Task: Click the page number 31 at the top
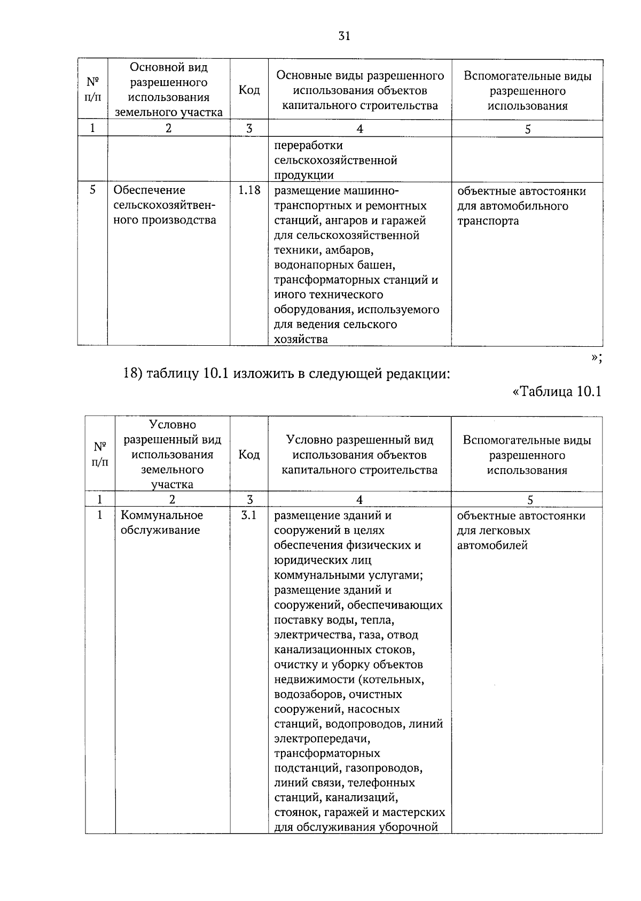(x=344, y=36)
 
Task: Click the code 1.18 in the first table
(x=249, y=190)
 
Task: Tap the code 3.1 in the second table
(x=249, y=516)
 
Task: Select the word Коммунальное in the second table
(x=162, y=516)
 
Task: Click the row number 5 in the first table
(x=93, y=190)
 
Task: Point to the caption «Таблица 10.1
(x=557, y=392)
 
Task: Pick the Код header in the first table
(x=249, y=90)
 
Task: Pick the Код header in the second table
(x=249, y=455)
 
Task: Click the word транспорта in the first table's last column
(x=488, y=221)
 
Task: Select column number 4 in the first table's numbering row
(x=360, y=129)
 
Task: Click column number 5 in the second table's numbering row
(x=529, y=500)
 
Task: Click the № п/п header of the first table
(x=93, y=90)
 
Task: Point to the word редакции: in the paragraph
(x=415, y=374)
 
